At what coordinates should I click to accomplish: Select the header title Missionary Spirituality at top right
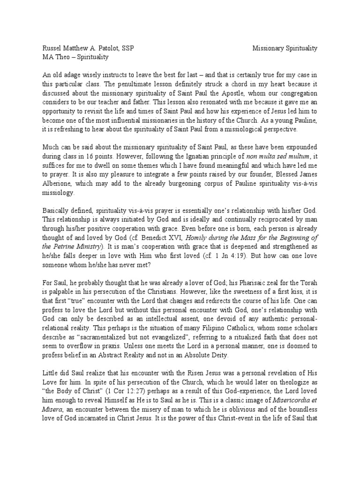tap(285, 48)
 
